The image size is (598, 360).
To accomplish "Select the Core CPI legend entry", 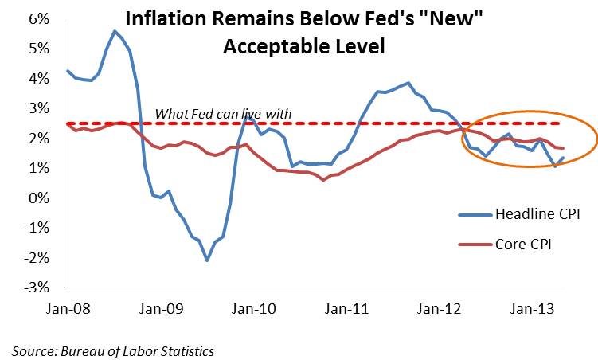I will pos(523,245).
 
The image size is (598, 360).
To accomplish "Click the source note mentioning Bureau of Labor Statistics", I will pos(113,350).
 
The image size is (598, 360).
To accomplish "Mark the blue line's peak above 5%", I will pos(115,31).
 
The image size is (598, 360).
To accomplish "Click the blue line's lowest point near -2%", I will pos(207,260).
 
